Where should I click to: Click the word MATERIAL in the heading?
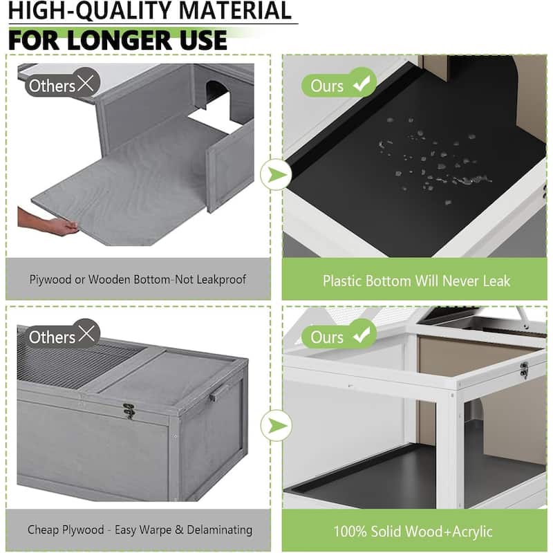(235, 10)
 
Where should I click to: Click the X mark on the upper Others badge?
(86, 83)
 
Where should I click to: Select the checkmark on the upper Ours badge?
(362, 83)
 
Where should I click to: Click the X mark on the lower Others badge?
(86, 334)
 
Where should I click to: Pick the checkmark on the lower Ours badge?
(362, 335)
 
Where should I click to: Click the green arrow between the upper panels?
(277, 175)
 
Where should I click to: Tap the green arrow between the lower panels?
(277, 426)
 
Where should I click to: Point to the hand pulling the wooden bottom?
(49, 221)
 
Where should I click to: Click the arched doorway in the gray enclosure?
(215, 93)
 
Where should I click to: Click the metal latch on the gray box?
(129, 411)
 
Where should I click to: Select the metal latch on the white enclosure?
(524, 370)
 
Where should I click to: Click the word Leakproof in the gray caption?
(221, 279)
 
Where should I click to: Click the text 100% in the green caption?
(348, 531)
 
